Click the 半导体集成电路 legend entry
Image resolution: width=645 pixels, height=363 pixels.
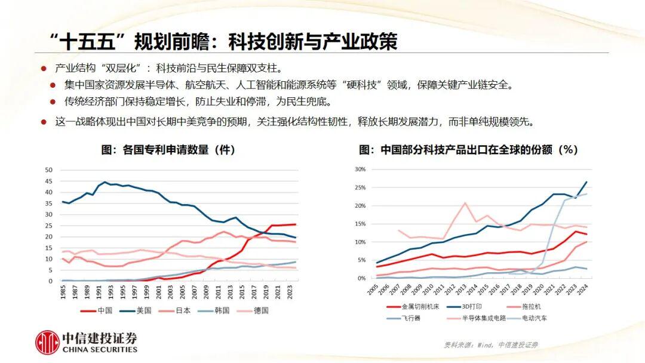(x=478, y=318)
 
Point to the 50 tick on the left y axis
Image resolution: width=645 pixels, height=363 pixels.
(x=49, y=170)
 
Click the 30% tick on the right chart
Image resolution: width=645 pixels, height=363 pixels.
(x=360, y=169)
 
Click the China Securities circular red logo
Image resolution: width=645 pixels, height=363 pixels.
(x=47, y=343)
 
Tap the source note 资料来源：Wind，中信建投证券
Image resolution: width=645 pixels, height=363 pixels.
(x=490, y=345)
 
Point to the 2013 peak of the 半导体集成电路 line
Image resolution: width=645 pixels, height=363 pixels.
(x=464, y=203)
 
